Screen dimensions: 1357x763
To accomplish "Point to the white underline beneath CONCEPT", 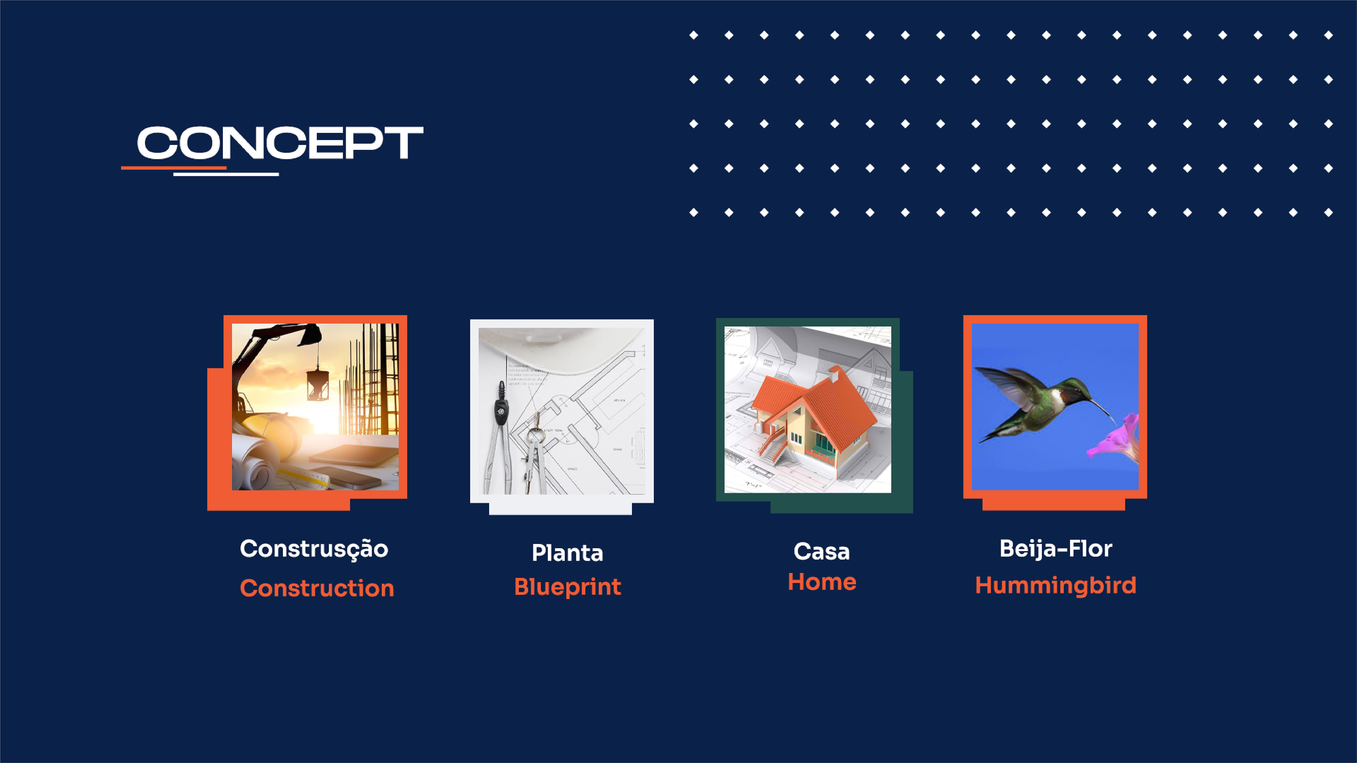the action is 226,174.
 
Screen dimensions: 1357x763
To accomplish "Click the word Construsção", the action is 314,550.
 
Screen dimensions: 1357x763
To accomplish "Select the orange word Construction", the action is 317,588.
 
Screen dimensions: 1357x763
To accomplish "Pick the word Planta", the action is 567,553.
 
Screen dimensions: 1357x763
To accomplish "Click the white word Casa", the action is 822,552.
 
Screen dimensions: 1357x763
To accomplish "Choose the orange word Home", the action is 822,582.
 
